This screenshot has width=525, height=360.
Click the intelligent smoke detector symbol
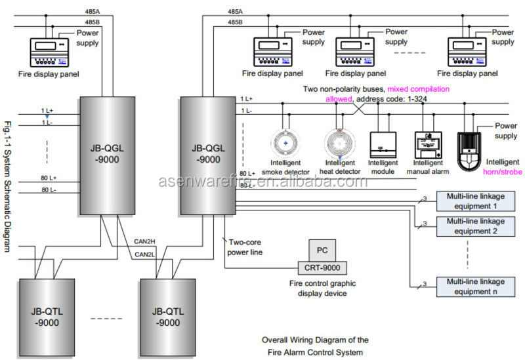click(284, 142)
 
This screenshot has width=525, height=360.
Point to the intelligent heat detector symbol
click(339, 142)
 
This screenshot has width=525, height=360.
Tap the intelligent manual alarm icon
click(427, 143)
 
